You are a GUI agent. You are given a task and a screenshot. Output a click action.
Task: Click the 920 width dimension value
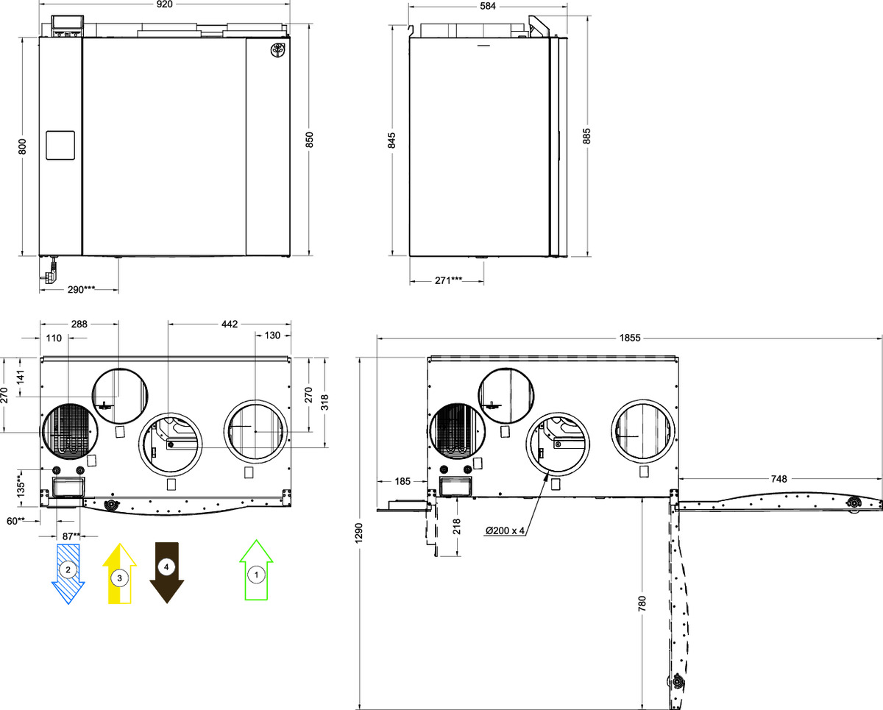click(x=164, y=4)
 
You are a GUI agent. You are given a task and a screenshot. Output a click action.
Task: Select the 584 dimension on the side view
click(x=487, y=6)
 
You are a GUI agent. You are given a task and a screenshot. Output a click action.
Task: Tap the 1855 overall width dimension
click(x=630, y=338)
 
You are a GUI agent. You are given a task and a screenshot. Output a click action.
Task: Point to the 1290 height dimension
click(x=359, y=533)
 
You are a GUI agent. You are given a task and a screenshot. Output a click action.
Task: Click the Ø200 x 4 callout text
click(x=505, y=530)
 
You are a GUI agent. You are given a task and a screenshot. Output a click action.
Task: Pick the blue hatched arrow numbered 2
click(x=68, y=574)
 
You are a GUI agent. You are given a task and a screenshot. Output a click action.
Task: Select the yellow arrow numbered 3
click(x=119, y=573)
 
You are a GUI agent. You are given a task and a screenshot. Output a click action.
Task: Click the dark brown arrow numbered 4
click(x=166, y=573)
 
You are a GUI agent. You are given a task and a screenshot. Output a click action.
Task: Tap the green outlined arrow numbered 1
click(x=257, y=570)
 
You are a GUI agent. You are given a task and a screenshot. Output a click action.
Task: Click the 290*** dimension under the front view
click(x=81, y=290)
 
